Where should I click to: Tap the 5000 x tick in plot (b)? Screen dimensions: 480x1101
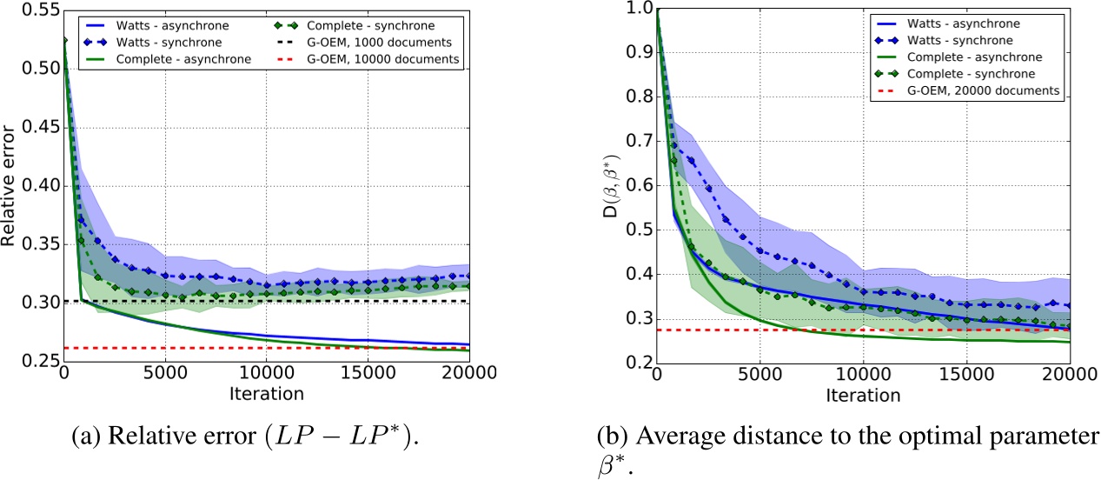click(x=759, y=375)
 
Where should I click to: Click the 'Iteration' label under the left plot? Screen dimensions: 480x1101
click(x=266, y=394)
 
